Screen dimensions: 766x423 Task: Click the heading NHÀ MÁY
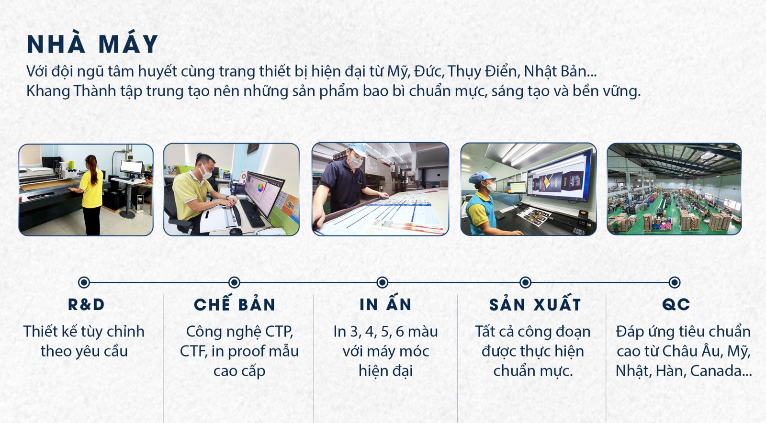click(x=92, y=44)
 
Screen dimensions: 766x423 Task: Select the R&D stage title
click(x=86, y=305)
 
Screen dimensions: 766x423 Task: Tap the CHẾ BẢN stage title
click(x=235, y=303)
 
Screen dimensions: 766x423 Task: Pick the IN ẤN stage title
click(x=385, y=303)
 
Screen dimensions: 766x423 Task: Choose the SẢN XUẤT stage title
click(x=535, y=303)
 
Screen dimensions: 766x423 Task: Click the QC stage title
click(x=676, y=305)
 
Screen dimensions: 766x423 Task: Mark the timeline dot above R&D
click(x=84, y=283)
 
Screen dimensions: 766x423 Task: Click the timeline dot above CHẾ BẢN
click(x=234, y=283)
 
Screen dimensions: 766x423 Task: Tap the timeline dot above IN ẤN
click(x=383, y=283)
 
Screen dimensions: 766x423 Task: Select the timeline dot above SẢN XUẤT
click(x=525, y=283)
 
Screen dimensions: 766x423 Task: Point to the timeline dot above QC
click(x=675, y=283)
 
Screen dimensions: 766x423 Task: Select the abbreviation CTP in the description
click(x=277, y=332)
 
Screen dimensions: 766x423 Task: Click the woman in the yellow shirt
click(x=91, y=194)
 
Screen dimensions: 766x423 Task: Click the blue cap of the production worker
click(x=482, y=178)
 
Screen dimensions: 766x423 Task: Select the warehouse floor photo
click(x=675, y=189)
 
